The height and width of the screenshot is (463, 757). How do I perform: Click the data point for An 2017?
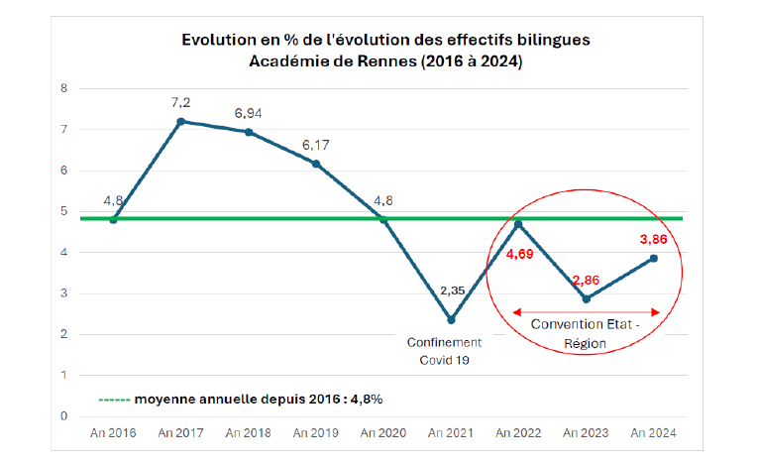[x=181, y=121]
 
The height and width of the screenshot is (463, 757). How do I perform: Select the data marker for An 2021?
[x=452, y=319]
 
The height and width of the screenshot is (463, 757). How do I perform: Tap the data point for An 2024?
[x=655, y=258]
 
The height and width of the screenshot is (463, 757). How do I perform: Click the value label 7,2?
[x=181, y=102]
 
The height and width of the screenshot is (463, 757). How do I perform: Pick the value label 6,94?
[x=249, y=113]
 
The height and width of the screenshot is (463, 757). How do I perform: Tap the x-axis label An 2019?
[x=316, y=433]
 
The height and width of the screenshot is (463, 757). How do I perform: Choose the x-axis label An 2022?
[x=519, y=433]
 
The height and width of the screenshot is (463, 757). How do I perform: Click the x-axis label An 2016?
[x=113, y=433]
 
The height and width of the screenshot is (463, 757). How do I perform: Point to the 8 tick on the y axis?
[x=65, y=88]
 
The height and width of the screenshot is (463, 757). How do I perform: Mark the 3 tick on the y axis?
[x=65, y=293]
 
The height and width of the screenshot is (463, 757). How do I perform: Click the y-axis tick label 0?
[x=65, y=416]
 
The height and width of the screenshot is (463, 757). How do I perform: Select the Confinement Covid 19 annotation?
[x=445, y=351]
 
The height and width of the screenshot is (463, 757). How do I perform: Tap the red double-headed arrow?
[x=586, y=312]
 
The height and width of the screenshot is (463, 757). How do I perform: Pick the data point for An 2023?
[x=587, y=298]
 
